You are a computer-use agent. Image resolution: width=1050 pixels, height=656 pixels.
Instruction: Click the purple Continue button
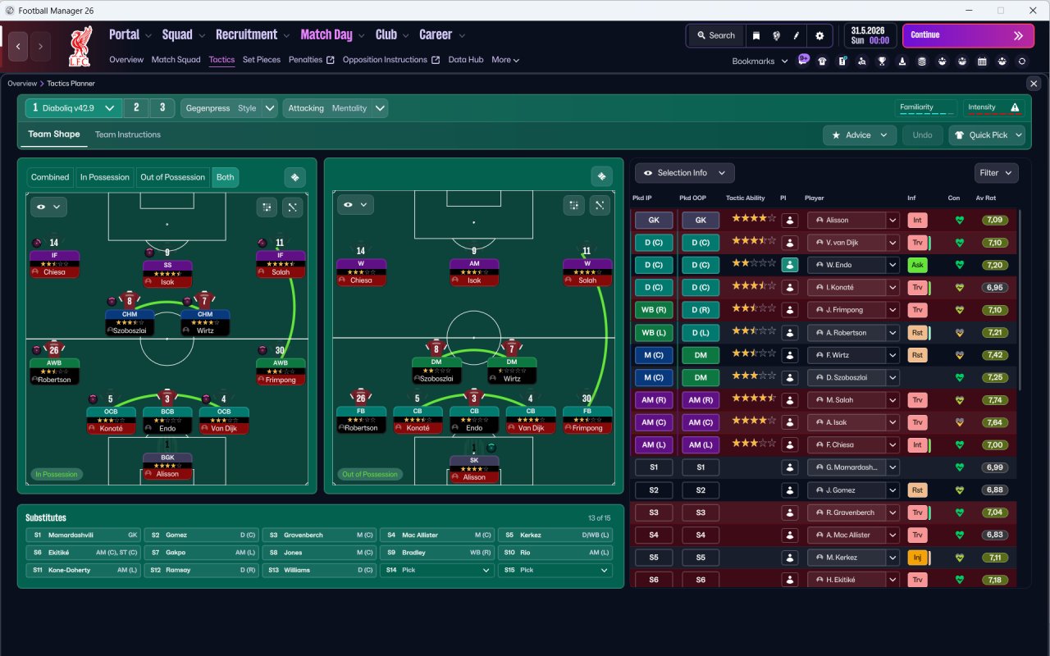click(968, 35)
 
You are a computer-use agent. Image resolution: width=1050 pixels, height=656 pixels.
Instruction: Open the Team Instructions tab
click(127, 135)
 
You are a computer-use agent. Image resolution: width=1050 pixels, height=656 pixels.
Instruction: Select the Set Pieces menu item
click(262, 60)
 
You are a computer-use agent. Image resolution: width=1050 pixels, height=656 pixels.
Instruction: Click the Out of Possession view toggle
click(172, 177)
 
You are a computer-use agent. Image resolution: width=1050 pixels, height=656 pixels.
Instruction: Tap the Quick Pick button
click(987, 135)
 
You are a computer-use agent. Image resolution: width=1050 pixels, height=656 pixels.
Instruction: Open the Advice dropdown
click(860, 135)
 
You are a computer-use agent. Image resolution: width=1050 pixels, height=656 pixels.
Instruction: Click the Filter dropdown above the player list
click(996, 173)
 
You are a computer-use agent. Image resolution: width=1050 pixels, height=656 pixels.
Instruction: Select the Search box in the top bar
click(716, 35)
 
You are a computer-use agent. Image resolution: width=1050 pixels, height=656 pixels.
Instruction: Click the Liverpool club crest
click(80, 47)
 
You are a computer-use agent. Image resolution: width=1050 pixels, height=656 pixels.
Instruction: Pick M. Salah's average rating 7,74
click(995, 400)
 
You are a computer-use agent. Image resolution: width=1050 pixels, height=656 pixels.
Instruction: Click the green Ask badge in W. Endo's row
click(917, 265)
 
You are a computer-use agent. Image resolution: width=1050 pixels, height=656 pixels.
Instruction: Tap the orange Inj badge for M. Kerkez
click(917, 558)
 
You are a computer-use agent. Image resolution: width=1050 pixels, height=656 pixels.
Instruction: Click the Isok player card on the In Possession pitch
click(167, 274)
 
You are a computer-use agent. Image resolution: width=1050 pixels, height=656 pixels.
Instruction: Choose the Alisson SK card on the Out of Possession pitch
click(474, 469)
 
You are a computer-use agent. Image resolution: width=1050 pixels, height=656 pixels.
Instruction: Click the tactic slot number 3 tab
click(162, 107)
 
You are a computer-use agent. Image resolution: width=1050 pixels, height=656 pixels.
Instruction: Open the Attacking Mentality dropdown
click(335, 108)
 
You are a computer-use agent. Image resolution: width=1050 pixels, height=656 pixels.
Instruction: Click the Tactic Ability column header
click(746, 198)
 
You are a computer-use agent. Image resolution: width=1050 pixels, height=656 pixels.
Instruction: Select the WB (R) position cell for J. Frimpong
click(654, 310)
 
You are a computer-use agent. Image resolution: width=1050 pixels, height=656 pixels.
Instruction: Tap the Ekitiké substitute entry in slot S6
click(84, 553)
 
